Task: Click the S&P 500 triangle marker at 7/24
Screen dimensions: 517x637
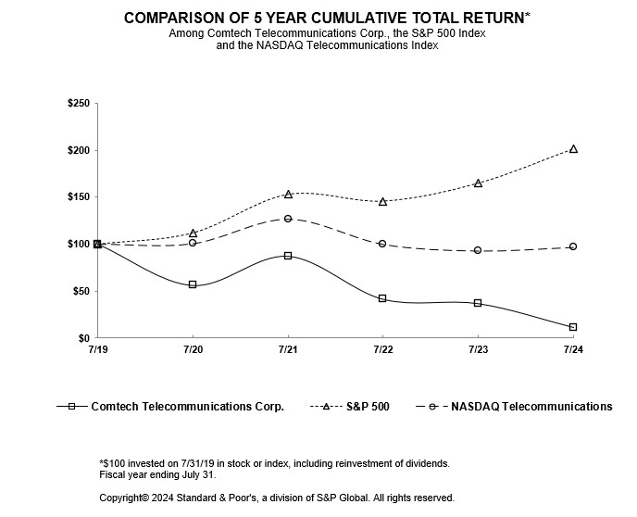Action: (x=573, y=148)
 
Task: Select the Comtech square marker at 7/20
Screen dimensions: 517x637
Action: (x=193, y=284)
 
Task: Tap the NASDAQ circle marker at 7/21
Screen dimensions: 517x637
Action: (x=288, y=219)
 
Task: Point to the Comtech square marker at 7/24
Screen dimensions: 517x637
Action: (x=573, y=327)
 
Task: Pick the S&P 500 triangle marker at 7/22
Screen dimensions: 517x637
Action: (x=382, y=201)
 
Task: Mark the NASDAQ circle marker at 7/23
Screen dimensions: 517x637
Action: (x=478, y=250)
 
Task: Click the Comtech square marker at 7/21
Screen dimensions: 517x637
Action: (x=288, y=256)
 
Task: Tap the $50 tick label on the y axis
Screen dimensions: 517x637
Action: (x=81, y=291)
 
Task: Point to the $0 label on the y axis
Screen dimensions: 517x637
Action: (x=83, y=338)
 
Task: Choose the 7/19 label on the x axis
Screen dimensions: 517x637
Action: (x=97, y=349)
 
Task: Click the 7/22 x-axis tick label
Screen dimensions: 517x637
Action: (x=382, y=349)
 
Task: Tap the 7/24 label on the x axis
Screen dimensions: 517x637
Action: (x=573, y=349)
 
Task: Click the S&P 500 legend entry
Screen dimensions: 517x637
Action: (x=366, y=406)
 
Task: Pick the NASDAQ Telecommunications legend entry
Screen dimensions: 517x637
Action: (x=531, y=406)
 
